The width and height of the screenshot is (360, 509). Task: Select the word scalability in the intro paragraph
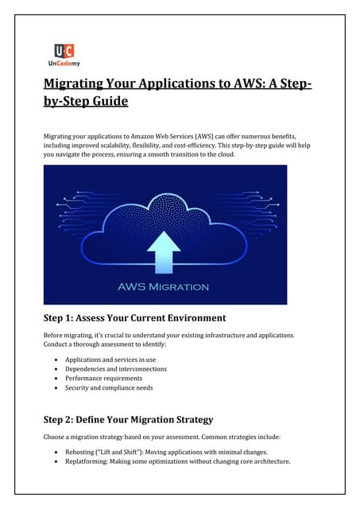pos(136,147)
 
